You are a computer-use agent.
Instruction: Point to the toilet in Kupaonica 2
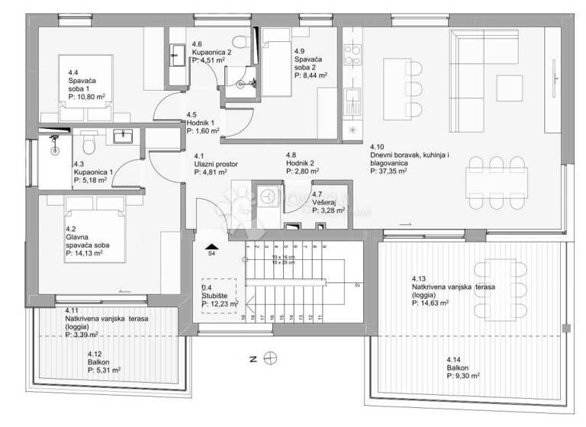click(x=239, y=42)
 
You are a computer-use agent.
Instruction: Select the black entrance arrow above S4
click(x=211, y=246)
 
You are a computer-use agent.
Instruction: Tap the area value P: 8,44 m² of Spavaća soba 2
click(x=311, y=75)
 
